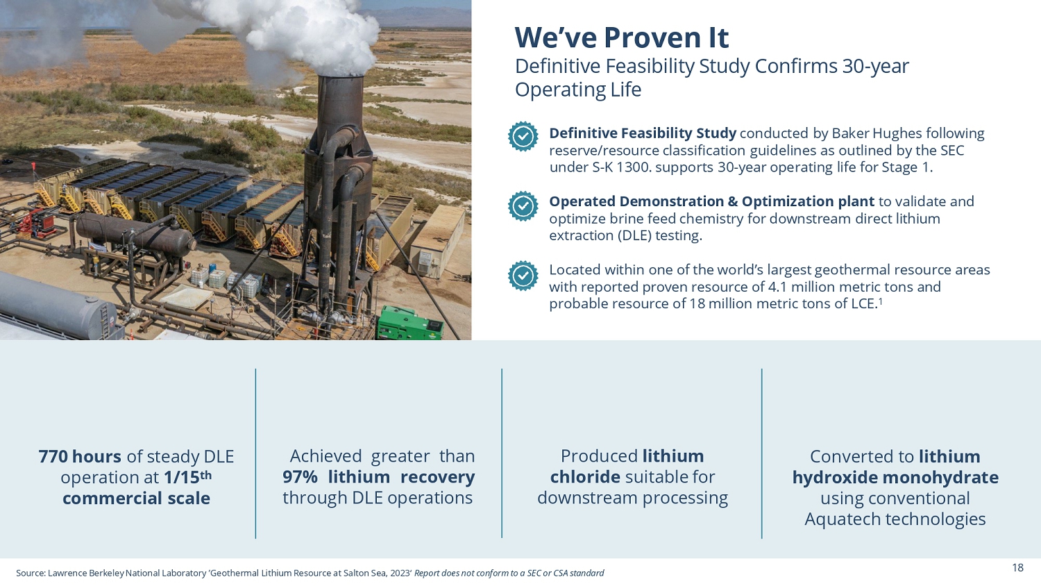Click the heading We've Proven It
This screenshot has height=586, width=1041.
click(x=621, y=37)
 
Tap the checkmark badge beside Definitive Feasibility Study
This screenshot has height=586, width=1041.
click(x=523, y=136)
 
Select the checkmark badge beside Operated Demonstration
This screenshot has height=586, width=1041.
click(x=523, y=206)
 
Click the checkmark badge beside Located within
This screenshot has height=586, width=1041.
click(x=523, y=276)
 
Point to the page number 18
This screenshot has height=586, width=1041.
click(x=1018, y=568)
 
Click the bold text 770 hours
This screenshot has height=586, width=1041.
click(x=80, y=456)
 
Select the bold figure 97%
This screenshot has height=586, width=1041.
click(x=301, y=477)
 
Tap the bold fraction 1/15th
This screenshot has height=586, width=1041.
click(x=188, y=477)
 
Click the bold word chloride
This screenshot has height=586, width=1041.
click(x=585, y=477)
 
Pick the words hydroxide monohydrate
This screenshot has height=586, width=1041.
click(x=895, y=478)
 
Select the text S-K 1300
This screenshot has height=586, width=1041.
click(x=622, y=167)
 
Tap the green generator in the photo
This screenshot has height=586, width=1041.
click(x=409, y=324)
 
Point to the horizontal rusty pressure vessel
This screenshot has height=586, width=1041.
click(x=135, y=235)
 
